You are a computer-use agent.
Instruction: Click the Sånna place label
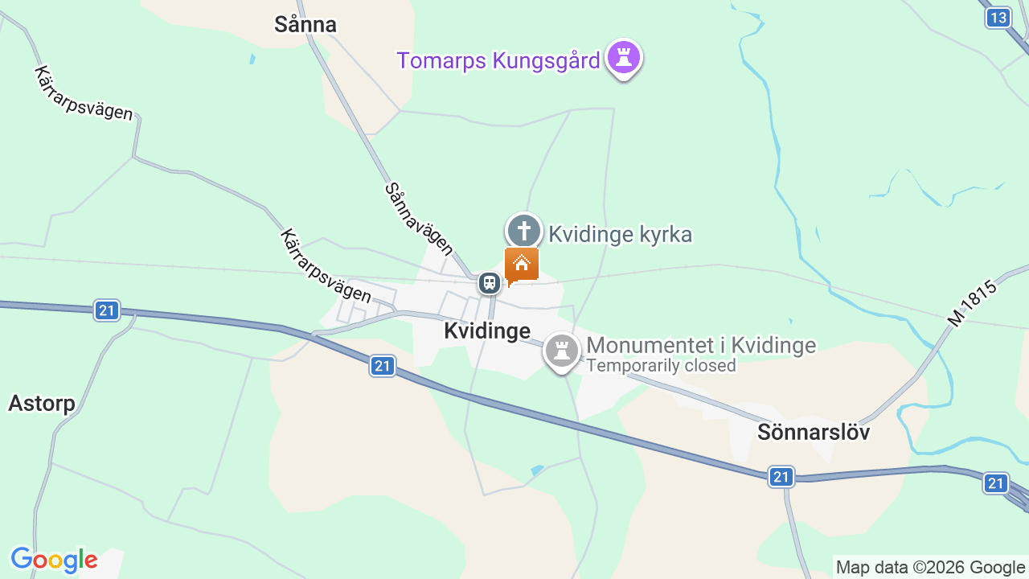pyautogui.click(x=305, y=25)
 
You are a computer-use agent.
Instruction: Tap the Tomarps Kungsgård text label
pyautogui.click(x=498, y=61)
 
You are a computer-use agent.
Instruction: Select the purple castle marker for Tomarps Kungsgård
pyautogui.click(x=624, y=58)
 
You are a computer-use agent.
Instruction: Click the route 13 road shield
pyautogui.click(x=998, y=18)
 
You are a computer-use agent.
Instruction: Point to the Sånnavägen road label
pyautogui.click(x=419, y=219)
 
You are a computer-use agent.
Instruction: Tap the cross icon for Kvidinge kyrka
pyautogui.click(x=523, y=231)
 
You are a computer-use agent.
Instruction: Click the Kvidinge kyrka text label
pyautogui.click(x=620, y=234)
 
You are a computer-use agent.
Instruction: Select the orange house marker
pyautogui.click(x=522, y=265)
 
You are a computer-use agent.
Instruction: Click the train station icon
pyautogui.click(x=489, y=283)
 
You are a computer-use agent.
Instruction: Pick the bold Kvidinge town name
pyautogui.click(x=487, y=331)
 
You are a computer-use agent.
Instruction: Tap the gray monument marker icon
pyautogui.click(x=562, y=351)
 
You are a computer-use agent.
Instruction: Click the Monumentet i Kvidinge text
pyautogui.click(x=701, y=345)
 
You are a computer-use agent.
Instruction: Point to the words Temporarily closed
pyautogui.click(x=661, y=366)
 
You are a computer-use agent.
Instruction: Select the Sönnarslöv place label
pyautogui.click(x=814, y=433)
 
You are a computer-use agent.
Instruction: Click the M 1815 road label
pyautogui.click(x=972, y=303)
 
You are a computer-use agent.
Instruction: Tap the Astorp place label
pyautogui.click(x=42, y=403)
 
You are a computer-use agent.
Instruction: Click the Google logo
pyautogui.click(x=54, y=560)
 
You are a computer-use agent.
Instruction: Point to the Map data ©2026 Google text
pyautogui.click(x=930, y=568)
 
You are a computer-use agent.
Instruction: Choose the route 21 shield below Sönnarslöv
pyautogui.click(x=781, y=477)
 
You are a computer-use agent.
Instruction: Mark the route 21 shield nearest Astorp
pyautogui.click(x=106, y=310)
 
